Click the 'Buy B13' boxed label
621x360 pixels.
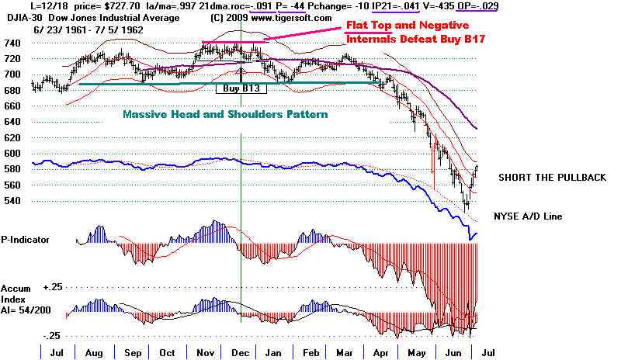(241, 89)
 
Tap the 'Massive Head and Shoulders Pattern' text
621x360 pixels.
(225, 114)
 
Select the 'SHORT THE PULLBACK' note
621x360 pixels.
(552, 178)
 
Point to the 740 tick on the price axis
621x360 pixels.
(12, 43)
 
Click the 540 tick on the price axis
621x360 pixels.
(12, 201)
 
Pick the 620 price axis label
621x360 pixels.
(12, 137)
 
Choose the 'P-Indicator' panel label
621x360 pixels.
(26, 240)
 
